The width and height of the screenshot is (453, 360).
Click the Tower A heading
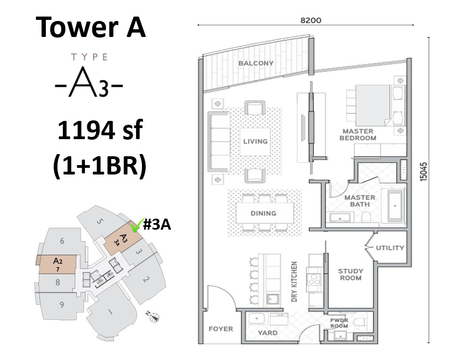[x=91, y=26]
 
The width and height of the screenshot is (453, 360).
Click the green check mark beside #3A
[x=134, y=226]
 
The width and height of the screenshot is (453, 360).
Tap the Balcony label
[x=256, y=63]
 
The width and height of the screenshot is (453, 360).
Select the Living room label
[x=255, y=141]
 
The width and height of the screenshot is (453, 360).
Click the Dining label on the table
[x=263, y=213]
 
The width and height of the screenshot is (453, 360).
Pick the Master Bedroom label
[x=359, y=135]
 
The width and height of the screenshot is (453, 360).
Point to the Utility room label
[x=390, y=248]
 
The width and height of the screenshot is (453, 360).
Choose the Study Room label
[x=350, y=274]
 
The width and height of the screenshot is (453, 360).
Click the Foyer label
[x=221, y=329]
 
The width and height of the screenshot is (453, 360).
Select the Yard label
[x=268, y=333]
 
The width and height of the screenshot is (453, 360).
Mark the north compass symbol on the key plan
[x=156, y=317]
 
